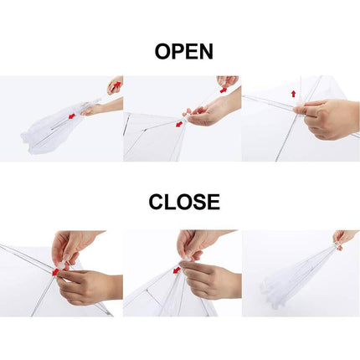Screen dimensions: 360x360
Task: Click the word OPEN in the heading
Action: click(183, 51)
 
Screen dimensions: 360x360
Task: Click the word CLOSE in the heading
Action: click(184, 202)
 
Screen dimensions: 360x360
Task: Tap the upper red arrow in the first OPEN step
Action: click(116, 85)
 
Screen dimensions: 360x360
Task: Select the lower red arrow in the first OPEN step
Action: click(72, 116)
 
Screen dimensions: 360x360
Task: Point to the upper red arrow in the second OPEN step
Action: click(224, 89)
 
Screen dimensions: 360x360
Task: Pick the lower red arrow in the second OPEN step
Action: click(178, 124)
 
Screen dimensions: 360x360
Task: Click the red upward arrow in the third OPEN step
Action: click(293, 94)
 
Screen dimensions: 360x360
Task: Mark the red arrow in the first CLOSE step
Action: click(55, 271)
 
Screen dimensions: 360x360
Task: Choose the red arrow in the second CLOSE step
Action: click(177, 270)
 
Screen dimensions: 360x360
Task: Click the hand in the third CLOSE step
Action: click(343, 239)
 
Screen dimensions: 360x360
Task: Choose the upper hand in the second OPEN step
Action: click(228, 81)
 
